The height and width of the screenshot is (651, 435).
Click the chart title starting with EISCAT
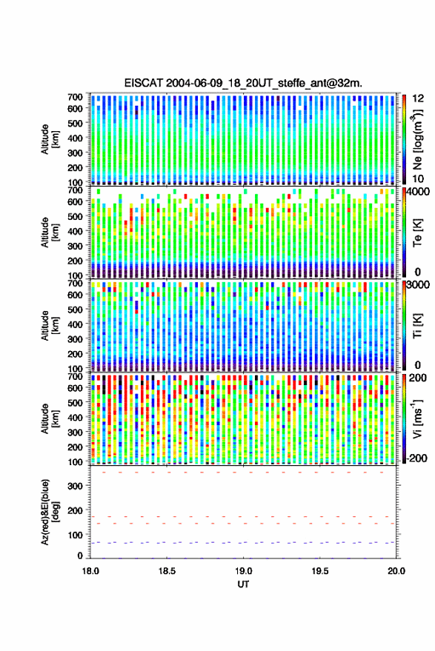(x=243, y=83)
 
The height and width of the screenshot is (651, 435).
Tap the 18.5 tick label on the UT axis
(x=167, y=571)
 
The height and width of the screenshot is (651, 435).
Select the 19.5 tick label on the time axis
(x=320, y=571)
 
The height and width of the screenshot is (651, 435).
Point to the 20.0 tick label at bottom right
(x=396, y=571)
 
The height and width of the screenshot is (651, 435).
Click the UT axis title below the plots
(x=243, y=584)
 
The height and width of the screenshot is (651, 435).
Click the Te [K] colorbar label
(x=417, y=233)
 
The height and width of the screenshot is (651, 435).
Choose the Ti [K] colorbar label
(x=417, y=326)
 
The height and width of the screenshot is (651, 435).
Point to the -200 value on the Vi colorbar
(x=416, y=458)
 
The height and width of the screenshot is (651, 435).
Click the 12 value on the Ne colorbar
(x=418, y=99)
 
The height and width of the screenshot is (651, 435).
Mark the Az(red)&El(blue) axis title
(x=50, y=513)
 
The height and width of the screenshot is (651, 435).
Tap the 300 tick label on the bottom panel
(x=75, y=486)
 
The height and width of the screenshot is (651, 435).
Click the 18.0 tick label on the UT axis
(x=90, y=571)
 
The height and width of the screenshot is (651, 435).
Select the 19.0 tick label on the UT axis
(x=244, y=571)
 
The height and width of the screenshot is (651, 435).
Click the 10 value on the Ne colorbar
(x=418, y=179)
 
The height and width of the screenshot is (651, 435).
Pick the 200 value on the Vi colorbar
(x=417, y=378)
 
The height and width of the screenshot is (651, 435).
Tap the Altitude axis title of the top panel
(x=50, y=139)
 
